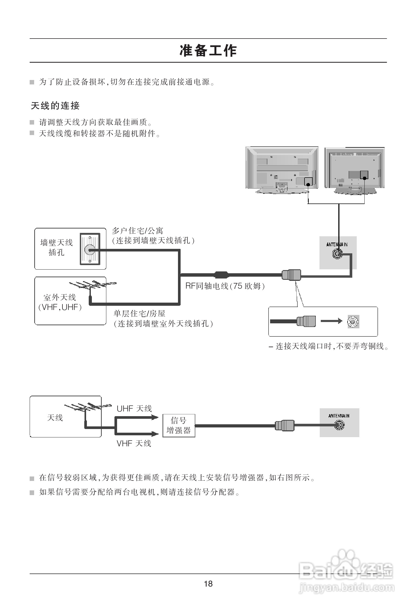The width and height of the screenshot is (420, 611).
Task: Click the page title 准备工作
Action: (x=208, y=51)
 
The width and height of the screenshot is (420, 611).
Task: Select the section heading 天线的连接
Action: (x=55, y=106)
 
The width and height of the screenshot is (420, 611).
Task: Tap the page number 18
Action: (x=208, y=584)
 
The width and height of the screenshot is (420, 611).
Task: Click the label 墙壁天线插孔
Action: (x=56, y=247)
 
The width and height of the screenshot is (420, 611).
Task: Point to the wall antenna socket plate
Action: (x=90, y=249)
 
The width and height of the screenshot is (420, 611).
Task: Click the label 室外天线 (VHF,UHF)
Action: (x=60, y=302)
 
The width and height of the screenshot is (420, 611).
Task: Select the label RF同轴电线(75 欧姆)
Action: (x=225, y=286)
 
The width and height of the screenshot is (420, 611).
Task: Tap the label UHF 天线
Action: (x=134, y=409)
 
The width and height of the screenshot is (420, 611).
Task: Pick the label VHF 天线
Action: (x=134, y=443)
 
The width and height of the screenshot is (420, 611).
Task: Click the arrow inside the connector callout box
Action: (x=331, y=321)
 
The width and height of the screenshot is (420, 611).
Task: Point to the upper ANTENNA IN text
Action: (x=337, y=244)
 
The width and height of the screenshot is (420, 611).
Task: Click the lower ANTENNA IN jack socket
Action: (x=339, y=425)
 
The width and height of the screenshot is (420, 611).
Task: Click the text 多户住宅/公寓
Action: (x=137, y=231)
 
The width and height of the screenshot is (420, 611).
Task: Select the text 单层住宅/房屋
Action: (x=139, y=313)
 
